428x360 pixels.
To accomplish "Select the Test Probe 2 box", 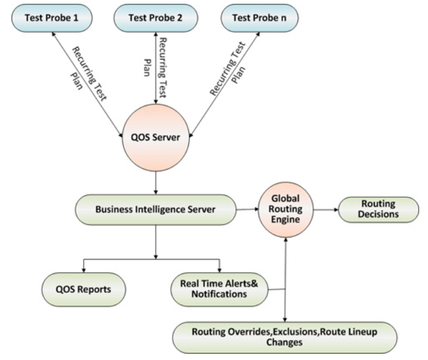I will pyautogui.click(x=154, y=18).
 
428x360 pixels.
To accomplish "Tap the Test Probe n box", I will pyautogui.click(x=259, y=18).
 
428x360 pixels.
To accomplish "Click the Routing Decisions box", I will pyautogui.click(x=378, y=209).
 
